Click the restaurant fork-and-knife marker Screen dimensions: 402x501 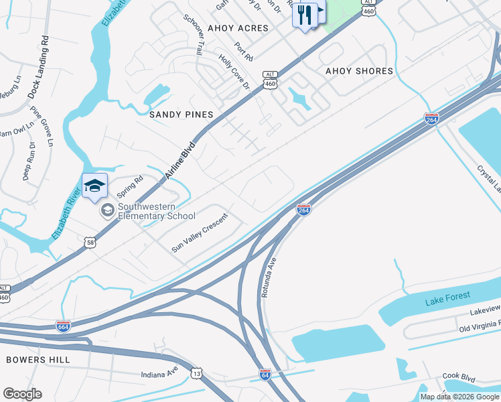pos(305,15)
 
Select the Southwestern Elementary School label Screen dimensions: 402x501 pos(156,211)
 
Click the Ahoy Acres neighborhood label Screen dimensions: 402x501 pos(238,28)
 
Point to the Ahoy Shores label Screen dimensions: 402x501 pos(359,71)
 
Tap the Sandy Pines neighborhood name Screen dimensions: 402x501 pos(181,115)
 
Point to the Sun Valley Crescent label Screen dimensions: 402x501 pos(200,232)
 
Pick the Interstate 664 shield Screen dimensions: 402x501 pos(64,326)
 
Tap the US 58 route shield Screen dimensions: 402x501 pos(90,242)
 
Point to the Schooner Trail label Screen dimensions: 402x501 pos(195,33)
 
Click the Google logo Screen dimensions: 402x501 pos(22,394)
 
